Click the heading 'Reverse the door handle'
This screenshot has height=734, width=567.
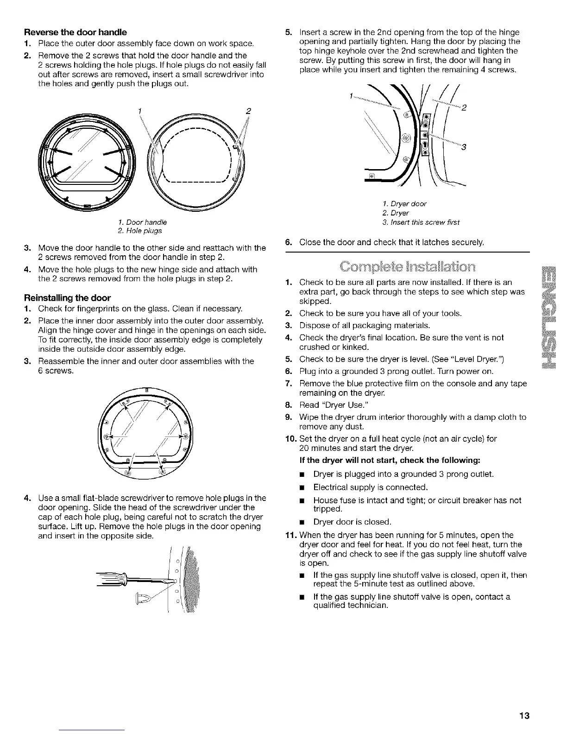coord(76,32)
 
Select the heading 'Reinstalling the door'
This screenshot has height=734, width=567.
coord(68,297)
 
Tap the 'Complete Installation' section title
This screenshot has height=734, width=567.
coord(407,269)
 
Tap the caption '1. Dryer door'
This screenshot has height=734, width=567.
coord(404,204)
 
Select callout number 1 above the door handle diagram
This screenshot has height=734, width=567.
coord(139,111)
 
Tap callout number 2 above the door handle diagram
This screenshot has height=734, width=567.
coord(248,111)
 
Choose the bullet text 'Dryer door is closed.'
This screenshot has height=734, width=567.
coord(353,522)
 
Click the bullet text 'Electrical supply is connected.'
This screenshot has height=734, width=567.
coord(370,487)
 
